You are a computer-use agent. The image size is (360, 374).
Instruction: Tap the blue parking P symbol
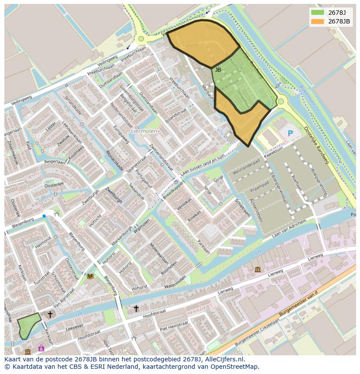[x=290, y=133]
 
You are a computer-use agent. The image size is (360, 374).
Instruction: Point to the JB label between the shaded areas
[x=218, y=70]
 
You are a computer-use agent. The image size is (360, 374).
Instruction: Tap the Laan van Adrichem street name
[x=289, y=228]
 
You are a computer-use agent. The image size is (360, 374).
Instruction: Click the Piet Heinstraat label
[x=173, y=326]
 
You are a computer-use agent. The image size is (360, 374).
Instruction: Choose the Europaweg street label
[x=121, y=135]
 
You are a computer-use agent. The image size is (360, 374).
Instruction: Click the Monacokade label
[x=115, y=161]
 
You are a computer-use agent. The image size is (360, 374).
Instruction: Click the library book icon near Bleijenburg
[x=90, y=276]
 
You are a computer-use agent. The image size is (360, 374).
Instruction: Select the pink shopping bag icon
[x=41, y=348]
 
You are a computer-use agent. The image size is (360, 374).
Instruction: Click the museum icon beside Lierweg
[x=258, y=270]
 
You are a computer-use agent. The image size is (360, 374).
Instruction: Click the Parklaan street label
[x=203, y=246]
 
